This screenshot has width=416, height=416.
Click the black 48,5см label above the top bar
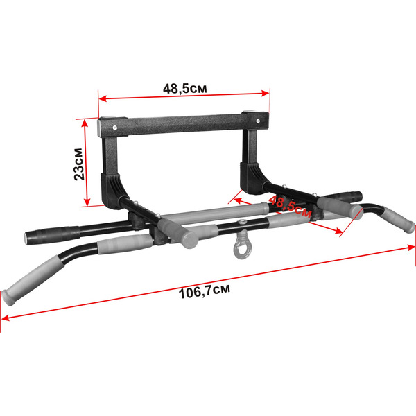click(185, 89)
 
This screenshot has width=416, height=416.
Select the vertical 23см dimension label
click(79, 164)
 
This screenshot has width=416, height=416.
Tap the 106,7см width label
click(205, 291)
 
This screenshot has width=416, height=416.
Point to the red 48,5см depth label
click(289, 207)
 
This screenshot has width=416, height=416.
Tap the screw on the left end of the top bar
click(114, 128)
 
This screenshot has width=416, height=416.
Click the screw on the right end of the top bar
click(258, 121)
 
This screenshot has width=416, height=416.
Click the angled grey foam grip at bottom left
click(33, 280)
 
